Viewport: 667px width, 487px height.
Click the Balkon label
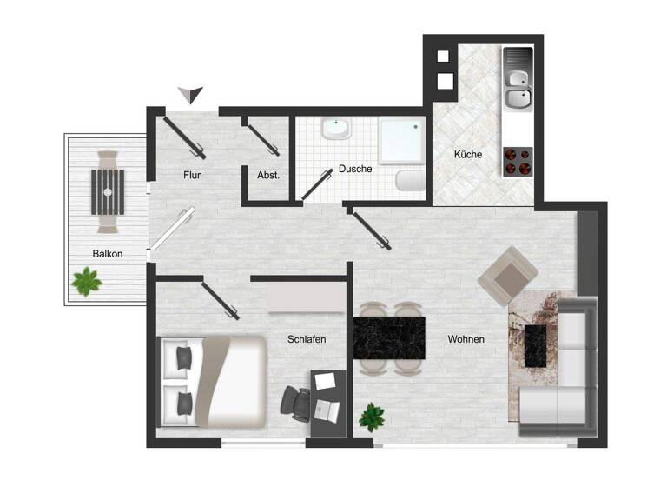click(x=109, y=254)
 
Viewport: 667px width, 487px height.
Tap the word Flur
click(x=192, y=174)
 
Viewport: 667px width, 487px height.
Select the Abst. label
click(x=268, y=175)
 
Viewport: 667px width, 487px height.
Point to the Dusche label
click(x=355, y=169)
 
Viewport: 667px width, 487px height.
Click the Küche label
click(x=467, y=154)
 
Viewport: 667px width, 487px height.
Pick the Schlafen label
click(x=307, y=339)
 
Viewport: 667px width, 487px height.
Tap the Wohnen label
click(x=466, y=339)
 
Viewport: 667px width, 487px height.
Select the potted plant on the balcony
click(x=86, y=281)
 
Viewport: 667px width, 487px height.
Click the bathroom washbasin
click(x=335, y=131)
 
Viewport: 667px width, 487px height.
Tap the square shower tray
click(x=400, y=139)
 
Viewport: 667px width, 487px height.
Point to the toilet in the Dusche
click(x=409, y=182)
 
